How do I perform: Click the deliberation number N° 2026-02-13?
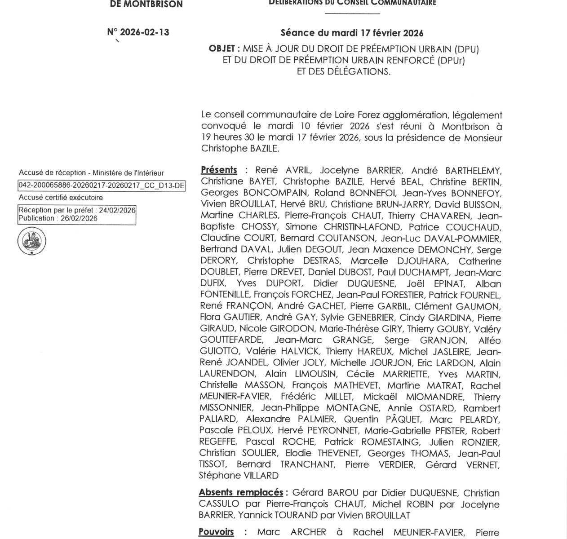[138, 32]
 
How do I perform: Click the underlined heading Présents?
[218, 170]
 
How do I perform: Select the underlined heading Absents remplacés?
[241, 493]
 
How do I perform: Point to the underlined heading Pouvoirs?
[216, 532]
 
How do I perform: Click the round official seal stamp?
[32, 242]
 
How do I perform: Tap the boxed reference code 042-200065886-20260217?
[101, 186]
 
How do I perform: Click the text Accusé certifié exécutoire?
[61, 198]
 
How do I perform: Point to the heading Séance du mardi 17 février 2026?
[352, 33]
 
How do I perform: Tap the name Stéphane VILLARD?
[239, 476]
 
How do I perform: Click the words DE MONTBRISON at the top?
[146, 4]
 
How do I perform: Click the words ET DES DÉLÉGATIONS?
[344, 72]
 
